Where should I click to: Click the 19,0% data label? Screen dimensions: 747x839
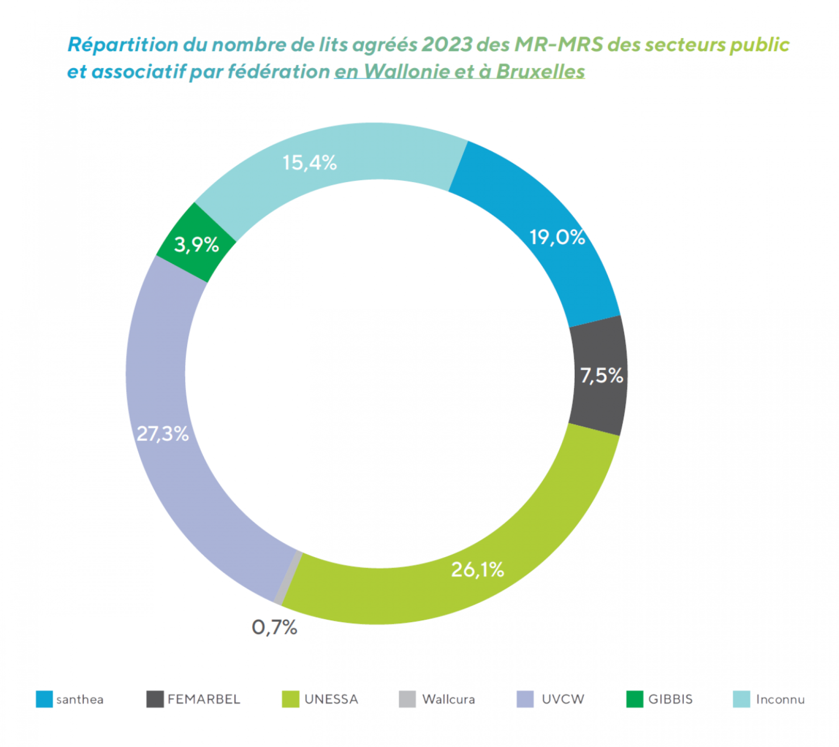click(x=557, y=238)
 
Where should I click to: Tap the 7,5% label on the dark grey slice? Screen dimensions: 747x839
click(x=601, y=375)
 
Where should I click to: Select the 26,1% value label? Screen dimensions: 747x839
click(x=477, y=570)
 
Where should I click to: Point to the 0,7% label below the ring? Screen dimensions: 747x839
click(x=274, y=627)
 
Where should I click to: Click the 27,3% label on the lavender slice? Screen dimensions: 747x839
click(x=163, y=434)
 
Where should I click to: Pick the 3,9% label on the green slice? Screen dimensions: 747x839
click(x=196, y=244)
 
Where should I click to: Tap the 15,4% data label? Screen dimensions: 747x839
click(x=309, y=163)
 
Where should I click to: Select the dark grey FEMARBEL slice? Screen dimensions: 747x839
click(x=598, y=349)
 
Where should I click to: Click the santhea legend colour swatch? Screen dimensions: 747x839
click(x=44, y=699)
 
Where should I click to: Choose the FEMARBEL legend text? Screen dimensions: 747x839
click(x=204, y=699)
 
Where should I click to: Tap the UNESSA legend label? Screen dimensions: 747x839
click(x=331, y=699)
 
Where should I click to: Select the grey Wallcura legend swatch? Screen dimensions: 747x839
click(x=407, y=699)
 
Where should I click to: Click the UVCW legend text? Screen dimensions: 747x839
click(x=563, y=699)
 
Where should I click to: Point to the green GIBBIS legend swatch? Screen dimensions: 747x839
click(x=634, y=699)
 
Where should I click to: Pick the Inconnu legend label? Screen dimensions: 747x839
click(x=780, y=699)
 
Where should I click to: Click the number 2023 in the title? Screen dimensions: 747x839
click(x=447, y=45)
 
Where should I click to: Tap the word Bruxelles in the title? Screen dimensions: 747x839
click(x=541, y=72)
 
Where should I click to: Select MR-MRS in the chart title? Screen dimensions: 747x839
click(x=558, y=45)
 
